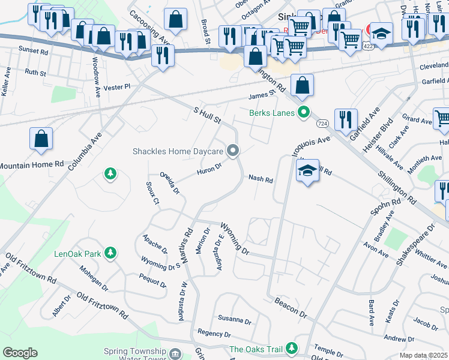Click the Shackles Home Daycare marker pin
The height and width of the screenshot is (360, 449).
coord(233,151)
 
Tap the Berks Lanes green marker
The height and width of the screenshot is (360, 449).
coord(304,112)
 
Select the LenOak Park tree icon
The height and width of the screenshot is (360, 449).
coord(110,253)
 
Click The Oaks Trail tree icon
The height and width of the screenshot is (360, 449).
coord(292,348)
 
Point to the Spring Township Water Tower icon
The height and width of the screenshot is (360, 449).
coord(175,354)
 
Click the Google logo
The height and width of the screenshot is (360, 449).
coord(20,353)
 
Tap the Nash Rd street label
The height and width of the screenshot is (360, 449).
coord(261,179)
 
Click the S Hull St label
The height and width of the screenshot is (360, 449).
coord(207,115)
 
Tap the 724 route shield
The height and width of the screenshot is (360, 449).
coord(322,122)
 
